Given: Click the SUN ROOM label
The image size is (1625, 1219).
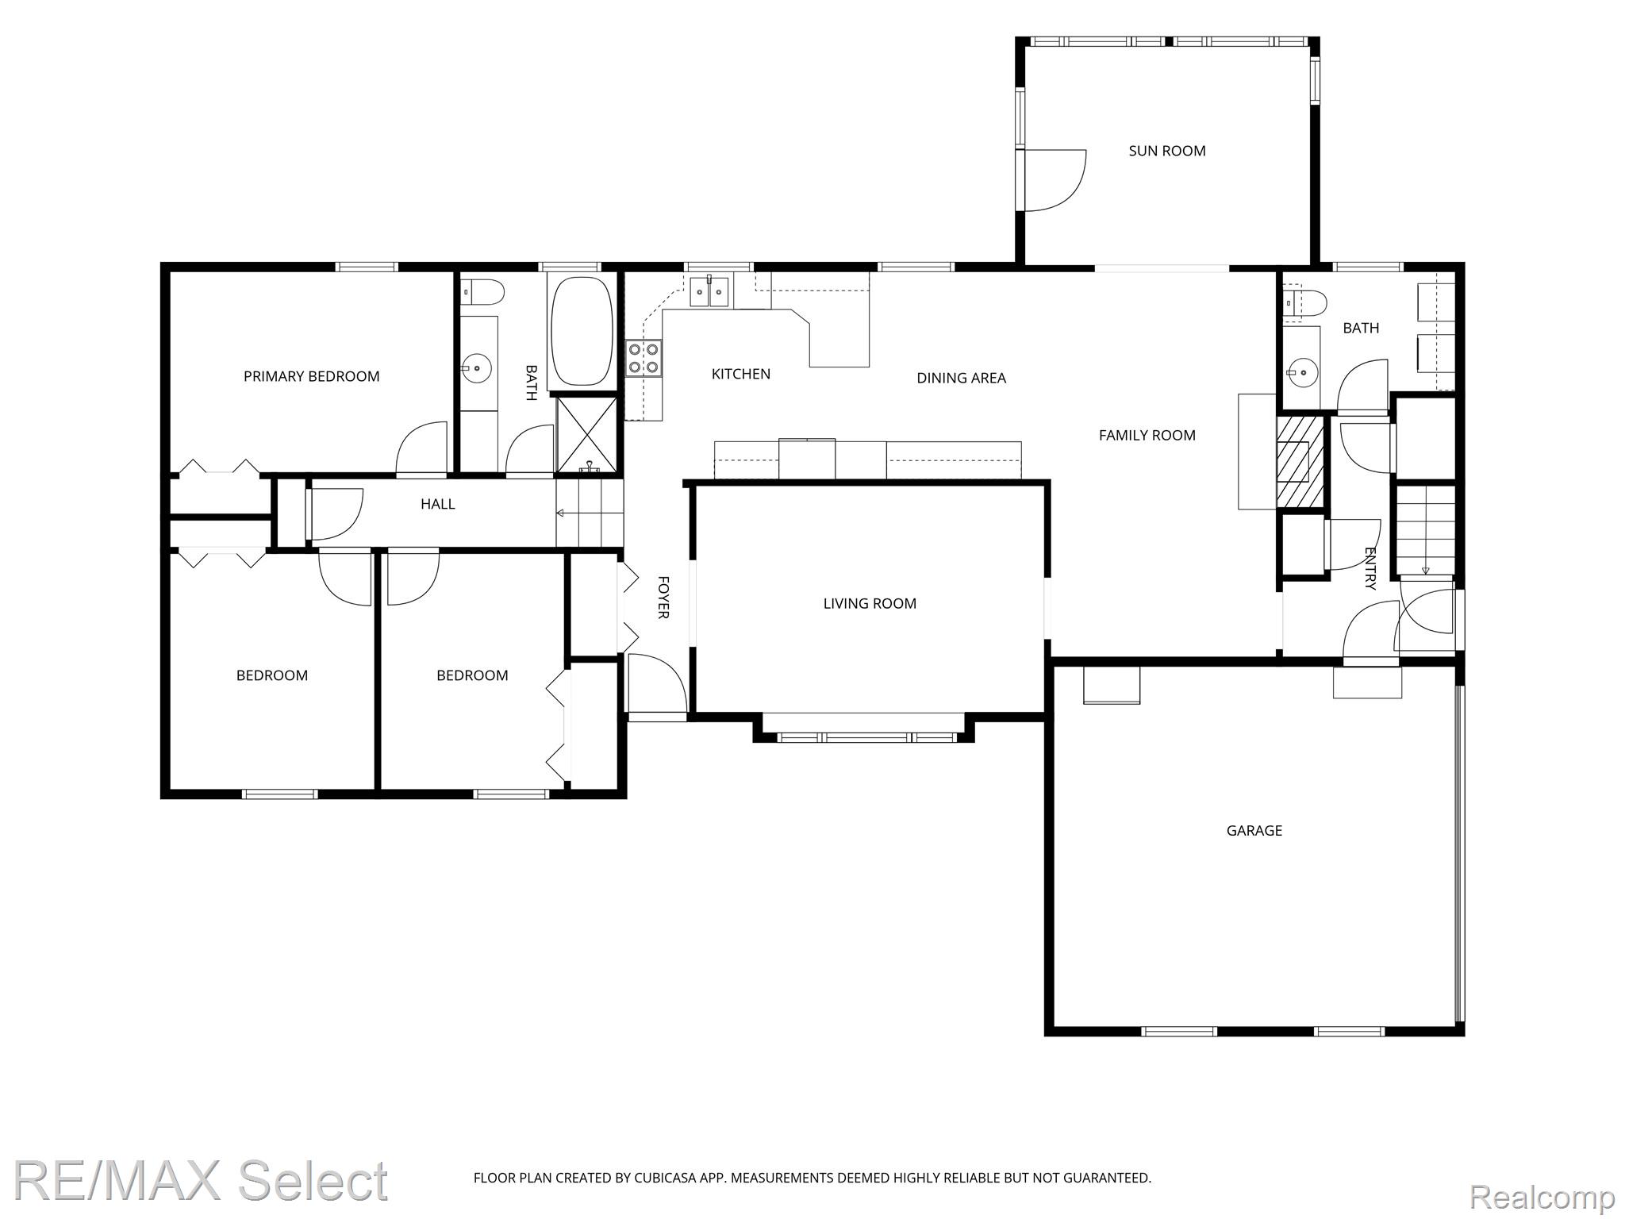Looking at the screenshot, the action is coord(1166,151).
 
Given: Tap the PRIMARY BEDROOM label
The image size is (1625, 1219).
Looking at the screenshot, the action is coord(311,376).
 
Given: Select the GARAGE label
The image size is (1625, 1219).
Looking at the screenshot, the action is coord(1254,830).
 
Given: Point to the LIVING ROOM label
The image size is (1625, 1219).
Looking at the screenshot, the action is coord(870,603).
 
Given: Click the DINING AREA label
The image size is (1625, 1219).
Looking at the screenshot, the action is coord(961,378).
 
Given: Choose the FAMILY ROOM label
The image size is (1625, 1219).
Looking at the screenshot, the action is coord(1147,435).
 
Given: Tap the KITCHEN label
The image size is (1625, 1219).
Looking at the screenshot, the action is coord(740,374).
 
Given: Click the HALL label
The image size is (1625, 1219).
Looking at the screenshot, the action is coord(437,504).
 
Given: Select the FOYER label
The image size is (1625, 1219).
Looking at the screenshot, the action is coord(663,598).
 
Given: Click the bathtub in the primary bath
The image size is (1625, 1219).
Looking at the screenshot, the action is coord(582,331).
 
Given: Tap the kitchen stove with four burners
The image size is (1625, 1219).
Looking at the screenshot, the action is coord(643,358).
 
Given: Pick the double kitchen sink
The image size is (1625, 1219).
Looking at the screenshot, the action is coord(709,290).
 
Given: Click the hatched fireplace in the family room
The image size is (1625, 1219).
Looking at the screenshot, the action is coord(1300,462).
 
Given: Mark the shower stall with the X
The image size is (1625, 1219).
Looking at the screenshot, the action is coord(586,436).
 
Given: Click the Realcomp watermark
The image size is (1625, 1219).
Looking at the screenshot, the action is coord(1541,1195).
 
